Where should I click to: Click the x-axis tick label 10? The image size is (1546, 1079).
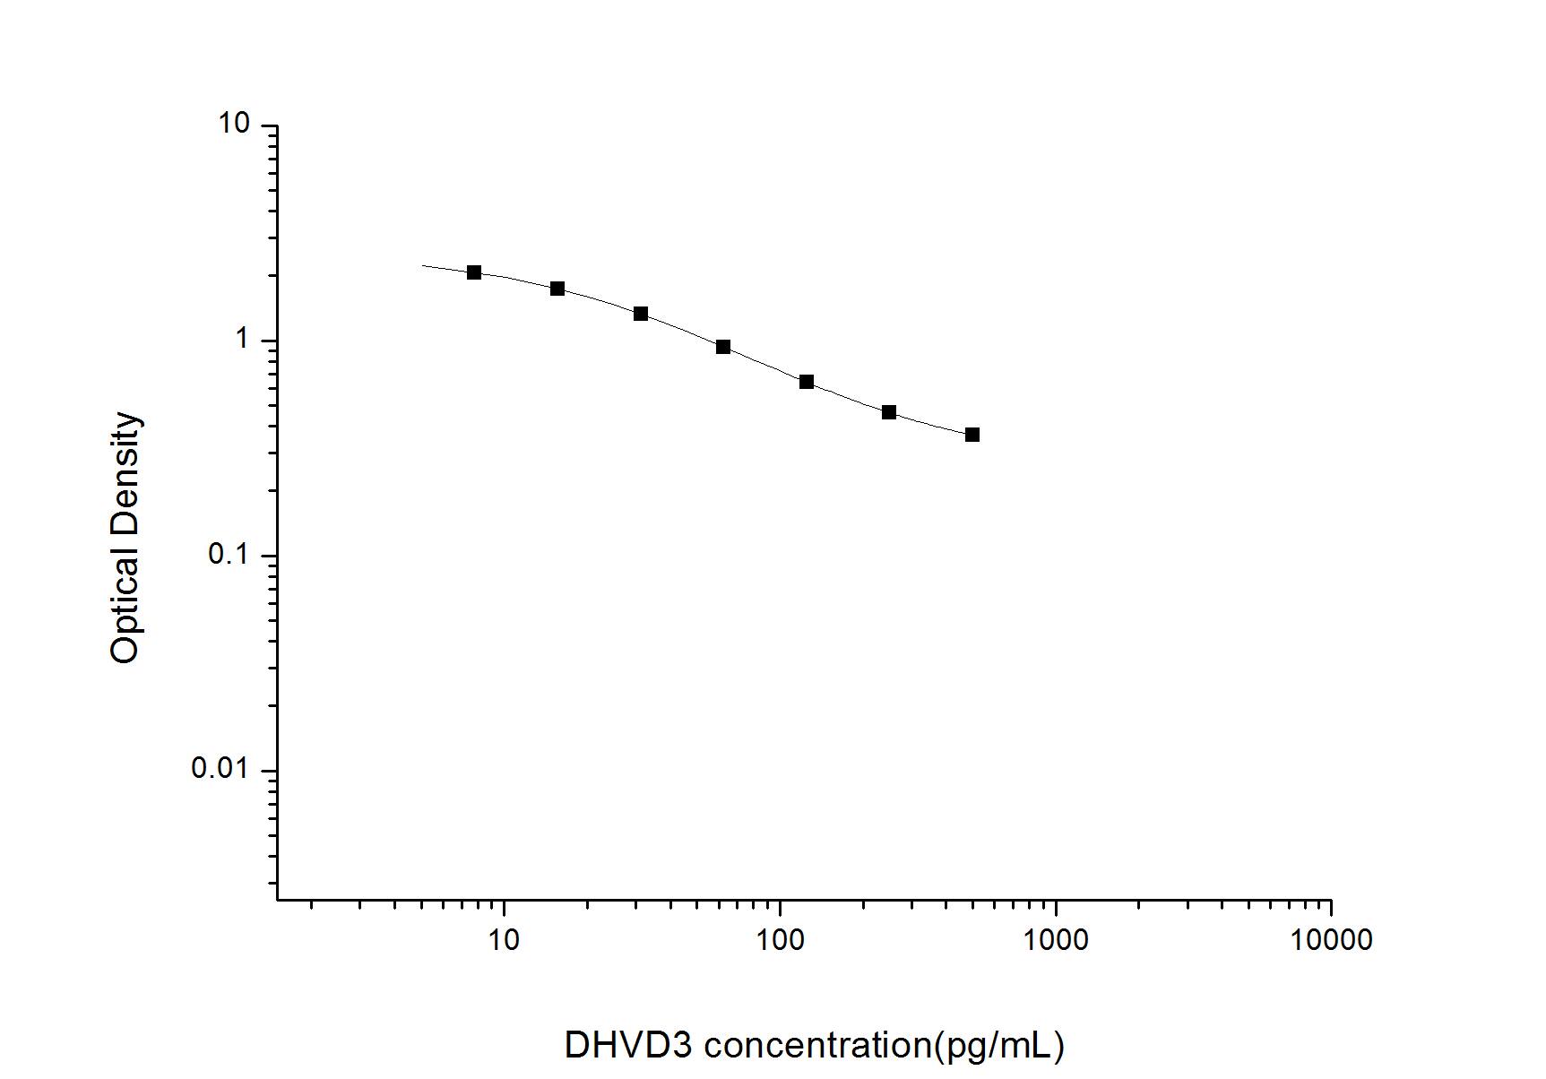coord(505,939)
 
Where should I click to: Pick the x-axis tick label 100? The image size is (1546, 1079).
coord(780,939)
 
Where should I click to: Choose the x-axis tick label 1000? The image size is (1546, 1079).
coord(1056,939)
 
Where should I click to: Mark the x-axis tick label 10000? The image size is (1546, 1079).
coord(1331,939)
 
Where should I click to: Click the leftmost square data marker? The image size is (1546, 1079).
coord(474,272)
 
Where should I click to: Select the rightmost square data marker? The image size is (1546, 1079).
coord(972,435)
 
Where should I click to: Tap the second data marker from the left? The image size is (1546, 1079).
coord(557,289)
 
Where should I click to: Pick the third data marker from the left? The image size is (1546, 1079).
coord(641,314)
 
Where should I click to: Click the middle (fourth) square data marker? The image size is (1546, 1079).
coord(723,347)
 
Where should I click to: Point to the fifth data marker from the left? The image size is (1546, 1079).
coord(807,382)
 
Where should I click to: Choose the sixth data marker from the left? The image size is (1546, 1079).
coord(889,412)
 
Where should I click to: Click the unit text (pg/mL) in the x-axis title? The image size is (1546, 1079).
coord(999,1045)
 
